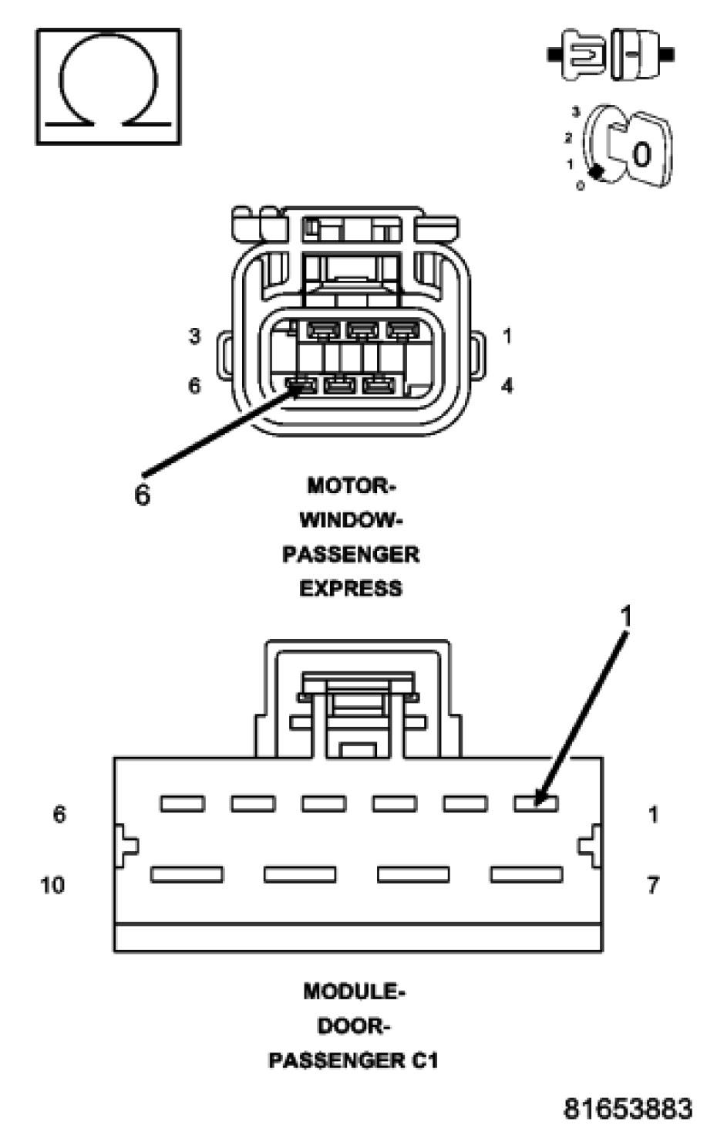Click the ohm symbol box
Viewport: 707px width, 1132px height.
click(x=108, y=86)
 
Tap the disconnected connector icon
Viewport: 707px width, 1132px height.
click(x=611, y=55)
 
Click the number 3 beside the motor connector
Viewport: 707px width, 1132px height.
click(x=194, y=336)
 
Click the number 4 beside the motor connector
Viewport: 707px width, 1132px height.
click(x=507, y=385)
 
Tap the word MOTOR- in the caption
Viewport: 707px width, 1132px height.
click(x=351, y=486)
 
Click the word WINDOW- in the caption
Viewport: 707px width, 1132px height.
click(x=351, y=520)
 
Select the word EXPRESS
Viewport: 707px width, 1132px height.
click(x=351, y=588)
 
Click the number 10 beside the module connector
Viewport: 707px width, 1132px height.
click(x=52, y=884)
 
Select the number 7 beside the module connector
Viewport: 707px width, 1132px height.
click(x=652, y=884)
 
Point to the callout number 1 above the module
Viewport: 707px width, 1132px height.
click(x=626, y=617)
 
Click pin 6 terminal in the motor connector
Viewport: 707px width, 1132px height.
click(x=302, y=384)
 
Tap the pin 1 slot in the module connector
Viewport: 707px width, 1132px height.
click(x=536, y=804)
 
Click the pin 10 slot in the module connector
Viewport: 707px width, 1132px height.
click(x=187, y=874)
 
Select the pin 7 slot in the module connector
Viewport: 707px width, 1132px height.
click(x=527, y=874)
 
